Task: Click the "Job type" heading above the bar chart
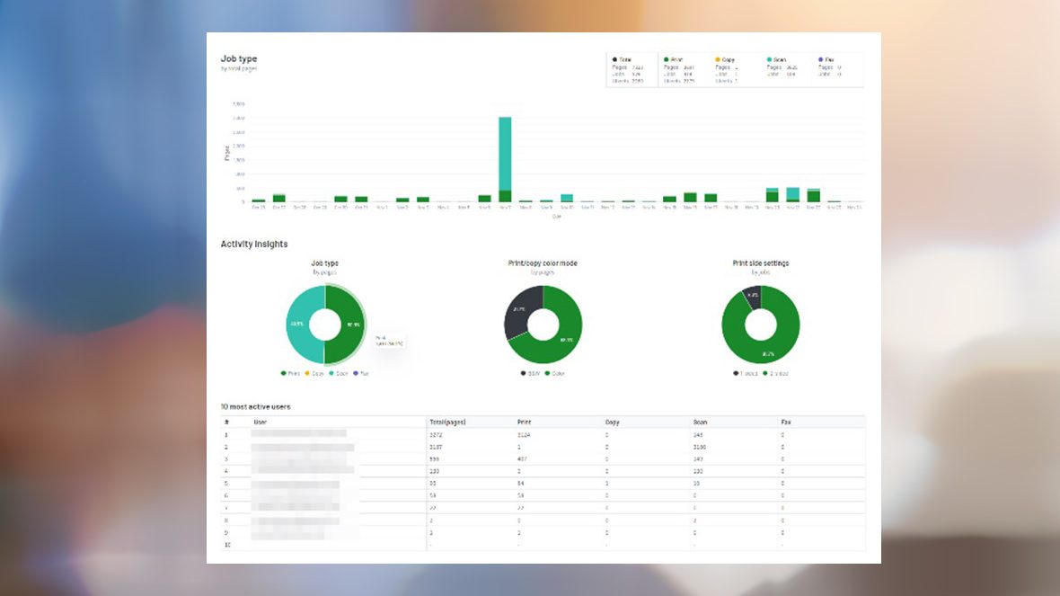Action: pyautogui.click(x=239, y=59)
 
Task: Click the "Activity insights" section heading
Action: pyautogui.click(x=254, y=244)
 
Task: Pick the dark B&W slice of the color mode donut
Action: pyautogui.click(x=518, y=311)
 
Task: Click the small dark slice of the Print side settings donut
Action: pyautogui.click(x=752, y=296)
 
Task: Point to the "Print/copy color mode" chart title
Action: pyautogui.click(x=543, y=263)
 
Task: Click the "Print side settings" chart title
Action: pyautogui.click(x=761, y=263)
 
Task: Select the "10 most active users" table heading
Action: pyautogui.click(x=256, y=406)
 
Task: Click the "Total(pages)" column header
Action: pyautogui.click(x=447, y=421)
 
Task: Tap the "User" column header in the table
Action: pyautogui.click(x=261, y=421)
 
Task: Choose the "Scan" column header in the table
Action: pyautogui.click(x=701, y=421)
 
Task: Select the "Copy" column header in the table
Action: pyautogui.click(x=613, y=421)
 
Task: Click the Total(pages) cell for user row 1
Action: pyautogui.click(x=437, y=433)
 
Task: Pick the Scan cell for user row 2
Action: pyautogui.click(x=701, y=446)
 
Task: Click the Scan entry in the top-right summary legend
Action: pyautogui.click(x=779, y=59)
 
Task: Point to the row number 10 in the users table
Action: pyautogui.click(x=227, y=545)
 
